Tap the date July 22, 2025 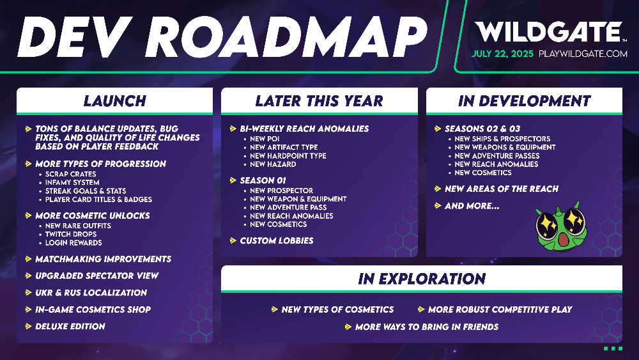pos(502,54)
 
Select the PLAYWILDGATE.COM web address pos(583,54)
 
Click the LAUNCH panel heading pos(114,101)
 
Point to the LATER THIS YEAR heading pos(319,101)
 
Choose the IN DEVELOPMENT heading pos(524,101)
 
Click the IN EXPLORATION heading pos(422,279)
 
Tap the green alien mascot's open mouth pos(563,239)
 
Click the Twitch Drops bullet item pos(71,235)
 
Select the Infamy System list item pos(72,183)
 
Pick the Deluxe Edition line pos(70,327)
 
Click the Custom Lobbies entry pos(277,241)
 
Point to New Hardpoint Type pos(288,156)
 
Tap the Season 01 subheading pos(263,180)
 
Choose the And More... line pos(472,207)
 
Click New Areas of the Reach pos(501,189)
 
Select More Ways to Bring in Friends pos(427,327)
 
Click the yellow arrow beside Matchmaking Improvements pos(29,259)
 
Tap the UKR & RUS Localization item pos(91,293)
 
